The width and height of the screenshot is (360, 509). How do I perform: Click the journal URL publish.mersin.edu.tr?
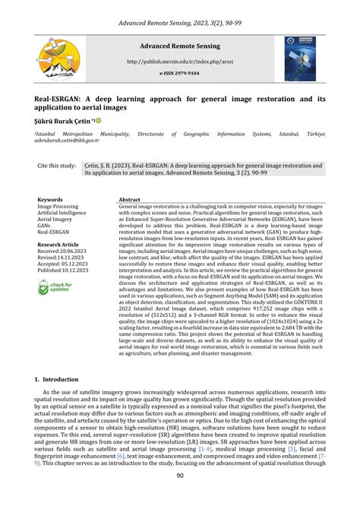180,62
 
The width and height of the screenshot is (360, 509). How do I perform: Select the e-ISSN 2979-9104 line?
180,74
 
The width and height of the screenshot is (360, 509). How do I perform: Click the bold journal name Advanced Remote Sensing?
180,46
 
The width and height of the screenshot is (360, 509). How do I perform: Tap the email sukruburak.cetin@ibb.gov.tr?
66,140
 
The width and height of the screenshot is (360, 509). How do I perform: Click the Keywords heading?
50,199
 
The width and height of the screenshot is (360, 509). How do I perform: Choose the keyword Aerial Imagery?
56,219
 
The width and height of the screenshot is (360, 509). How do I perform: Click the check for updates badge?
55,288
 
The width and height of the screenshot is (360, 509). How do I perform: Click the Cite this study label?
57,164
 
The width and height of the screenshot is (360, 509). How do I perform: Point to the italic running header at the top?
180,24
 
